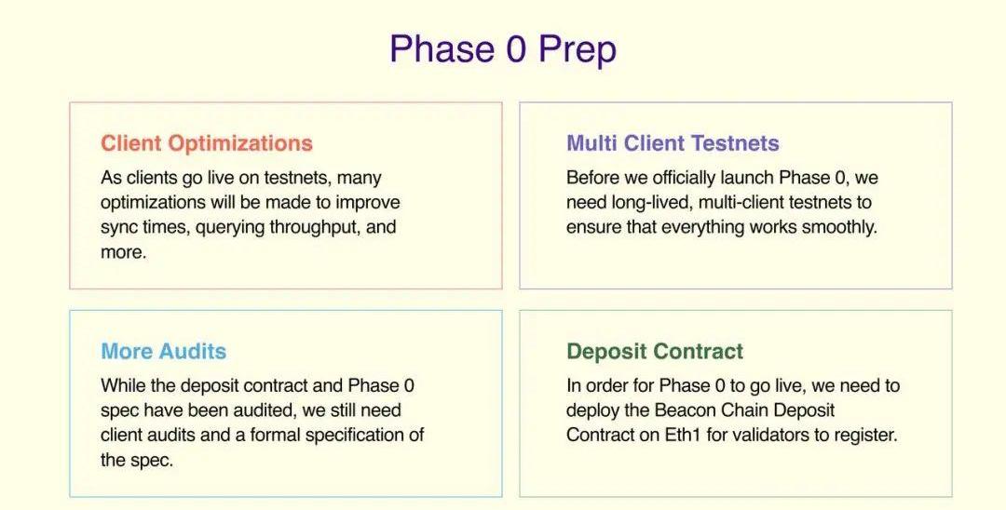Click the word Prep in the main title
(x=578, y=50)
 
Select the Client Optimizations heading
(x=207, y=143)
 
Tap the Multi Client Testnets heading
(x=673, y=143)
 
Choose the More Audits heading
(x=164, y=351)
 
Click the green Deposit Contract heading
(x=655, y=352)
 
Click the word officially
(x=689, y=178)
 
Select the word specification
(x=355, y=436)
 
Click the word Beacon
(x=686, y=410)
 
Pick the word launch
(x=754, y=178)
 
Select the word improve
(x=368, y=203)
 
